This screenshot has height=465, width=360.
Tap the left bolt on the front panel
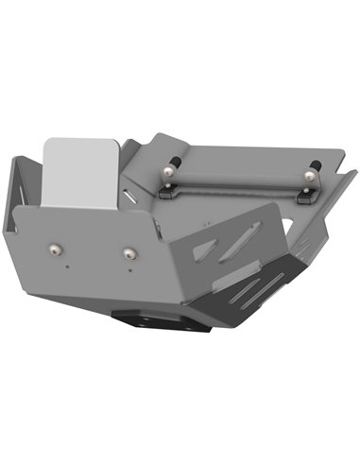point(55,249)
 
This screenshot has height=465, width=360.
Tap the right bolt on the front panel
point(128,253)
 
